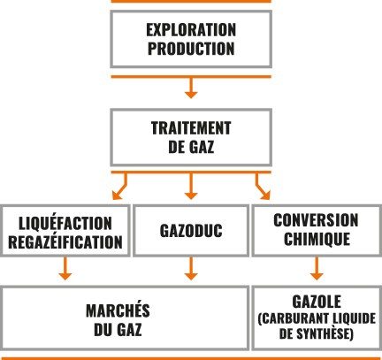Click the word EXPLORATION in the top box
point(191,30)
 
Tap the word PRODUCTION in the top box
point(191,49)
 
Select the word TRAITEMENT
point(191,128)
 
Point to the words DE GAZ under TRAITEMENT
point(191,147)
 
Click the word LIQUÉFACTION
point(65,223)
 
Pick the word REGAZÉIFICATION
point(65,242)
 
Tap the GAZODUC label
point(191,231)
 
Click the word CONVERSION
point(316,220)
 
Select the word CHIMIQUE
point(317,239)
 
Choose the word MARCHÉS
point(118,310)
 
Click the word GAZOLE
point(317,302)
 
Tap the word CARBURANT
point(295,318)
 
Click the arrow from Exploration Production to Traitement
point(191,88)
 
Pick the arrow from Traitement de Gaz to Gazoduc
point(191,187)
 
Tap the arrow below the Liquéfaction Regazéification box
point(65,269)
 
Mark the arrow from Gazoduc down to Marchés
point(191,269)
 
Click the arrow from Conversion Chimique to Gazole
point(317,269)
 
